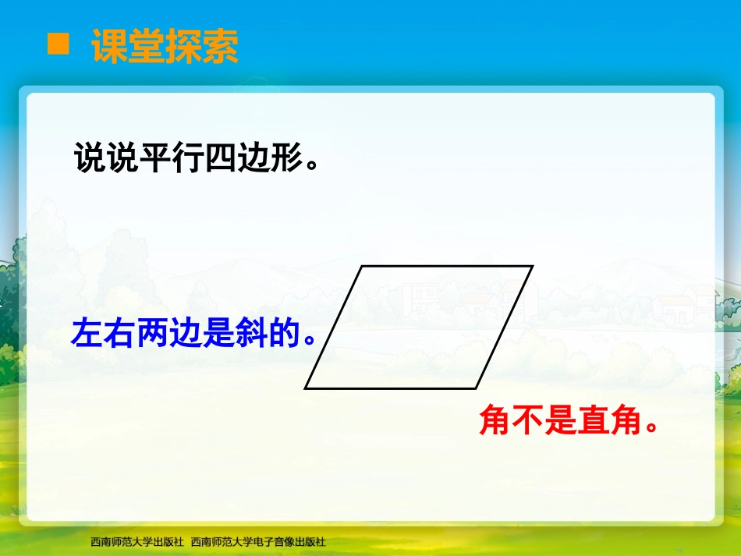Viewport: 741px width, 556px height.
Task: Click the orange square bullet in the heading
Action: [x=58, y=44]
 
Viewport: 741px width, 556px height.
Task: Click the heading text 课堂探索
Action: [x=165, y=46]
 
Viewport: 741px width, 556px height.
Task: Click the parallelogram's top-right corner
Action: [x=531, y=267]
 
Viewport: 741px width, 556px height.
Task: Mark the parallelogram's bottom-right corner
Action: [x=476, y=388]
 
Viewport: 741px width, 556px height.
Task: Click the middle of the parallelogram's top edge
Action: [x=447, y=267]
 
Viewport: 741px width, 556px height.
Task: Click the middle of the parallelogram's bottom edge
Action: [x=391, y=388]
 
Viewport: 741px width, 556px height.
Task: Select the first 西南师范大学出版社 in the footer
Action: [x=136, y=541]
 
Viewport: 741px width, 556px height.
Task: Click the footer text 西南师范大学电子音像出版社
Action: [x=258, y=541]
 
